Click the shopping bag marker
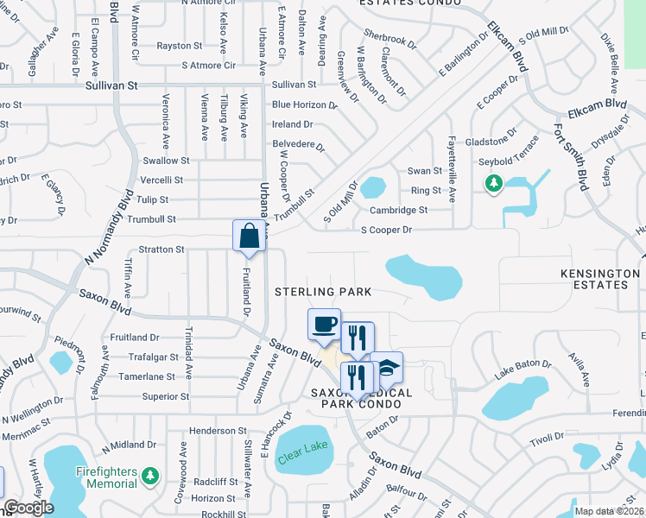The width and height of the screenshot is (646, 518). click(249, 236)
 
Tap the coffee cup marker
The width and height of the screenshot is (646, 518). click(324, 325)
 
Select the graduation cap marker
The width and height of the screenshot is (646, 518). click(387, 367)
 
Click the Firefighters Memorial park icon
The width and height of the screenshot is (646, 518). click(150, 476)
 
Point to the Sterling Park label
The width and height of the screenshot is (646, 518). click(323, 292)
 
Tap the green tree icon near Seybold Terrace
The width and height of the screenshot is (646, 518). click(493, 183)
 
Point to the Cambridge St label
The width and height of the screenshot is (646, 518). click(398, 210)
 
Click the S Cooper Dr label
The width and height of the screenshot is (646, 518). click(386, 231)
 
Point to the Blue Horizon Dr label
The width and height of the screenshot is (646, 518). click(304, 104)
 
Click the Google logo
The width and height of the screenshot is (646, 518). click(28, 509)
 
